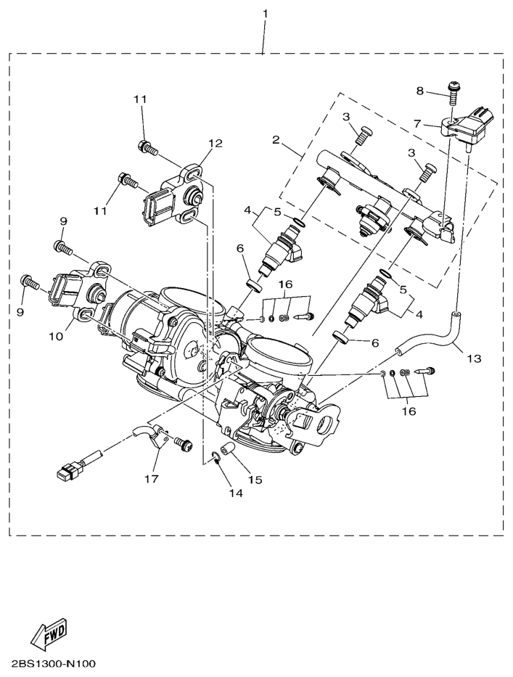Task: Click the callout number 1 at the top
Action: point(265,14)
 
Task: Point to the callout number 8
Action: point(419,91)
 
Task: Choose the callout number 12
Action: point(216,143)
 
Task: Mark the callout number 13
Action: point(473,358)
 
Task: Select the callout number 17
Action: point(151,478)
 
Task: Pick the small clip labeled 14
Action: point(215,457)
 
